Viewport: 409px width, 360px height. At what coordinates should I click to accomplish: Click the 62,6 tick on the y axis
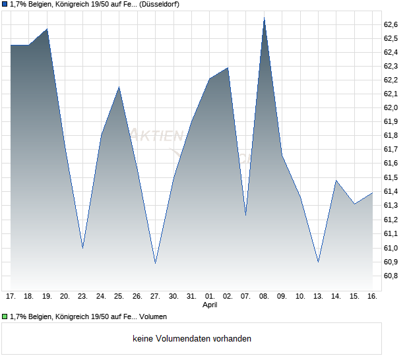pos(391,24)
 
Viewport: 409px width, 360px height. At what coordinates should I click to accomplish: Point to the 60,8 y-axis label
pos(391,276)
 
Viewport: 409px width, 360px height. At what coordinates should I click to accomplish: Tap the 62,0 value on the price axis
pos(391,107)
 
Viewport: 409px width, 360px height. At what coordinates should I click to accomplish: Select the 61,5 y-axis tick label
pos(391,178)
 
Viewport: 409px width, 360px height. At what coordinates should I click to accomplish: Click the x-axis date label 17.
pos(11,297)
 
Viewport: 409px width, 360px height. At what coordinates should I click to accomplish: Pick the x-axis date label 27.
pos(155,297)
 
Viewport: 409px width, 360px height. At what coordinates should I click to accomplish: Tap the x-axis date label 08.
pos(264,297)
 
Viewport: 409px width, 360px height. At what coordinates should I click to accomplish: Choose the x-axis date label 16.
pos(372,297)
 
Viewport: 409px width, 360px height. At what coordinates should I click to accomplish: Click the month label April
pos(210,305)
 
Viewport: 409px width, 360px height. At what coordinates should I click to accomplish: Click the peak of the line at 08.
pos(264,18)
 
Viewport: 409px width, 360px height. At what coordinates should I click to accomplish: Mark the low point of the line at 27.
pos(155,263)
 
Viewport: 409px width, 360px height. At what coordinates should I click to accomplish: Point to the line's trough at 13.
pos(318,262)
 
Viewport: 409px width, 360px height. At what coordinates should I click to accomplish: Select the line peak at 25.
pos(119,87)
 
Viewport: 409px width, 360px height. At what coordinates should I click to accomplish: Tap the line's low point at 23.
pos(82,248)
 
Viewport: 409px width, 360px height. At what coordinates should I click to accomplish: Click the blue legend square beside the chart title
pos(5,4)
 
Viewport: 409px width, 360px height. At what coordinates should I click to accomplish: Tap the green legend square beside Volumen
pos(5,316)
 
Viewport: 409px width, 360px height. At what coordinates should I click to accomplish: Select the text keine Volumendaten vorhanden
pos(191,339)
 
